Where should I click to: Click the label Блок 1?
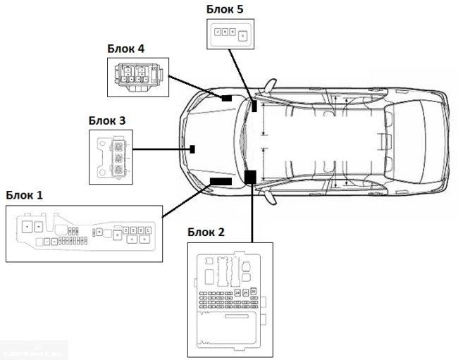coord(24,194)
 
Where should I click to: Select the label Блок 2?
coord(206,232)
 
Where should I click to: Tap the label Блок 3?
coord(107,120)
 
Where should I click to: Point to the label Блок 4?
coord(126,49)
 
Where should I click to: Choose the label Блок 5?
coord(226,8)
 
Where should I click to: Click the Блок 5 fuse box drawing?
coord(231,33)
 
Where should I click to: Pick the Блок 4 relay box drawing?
coord(137,76)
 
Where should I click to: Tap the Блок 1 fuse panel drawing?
coord(84,234)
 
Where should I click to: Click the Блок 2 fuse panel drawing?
coord(230,297)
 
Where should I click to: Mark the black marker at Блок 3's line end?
coord(192,149)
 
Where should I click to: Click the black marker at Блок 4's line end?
coord(227,98)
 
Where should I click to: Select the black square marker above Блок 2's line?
coord(250,176)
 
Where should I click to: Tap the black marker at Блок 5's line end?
coord(254,107)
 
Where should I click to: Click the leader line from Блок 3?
coord(161,149)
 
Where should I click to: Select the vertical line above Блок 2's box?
coord(251,211)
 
